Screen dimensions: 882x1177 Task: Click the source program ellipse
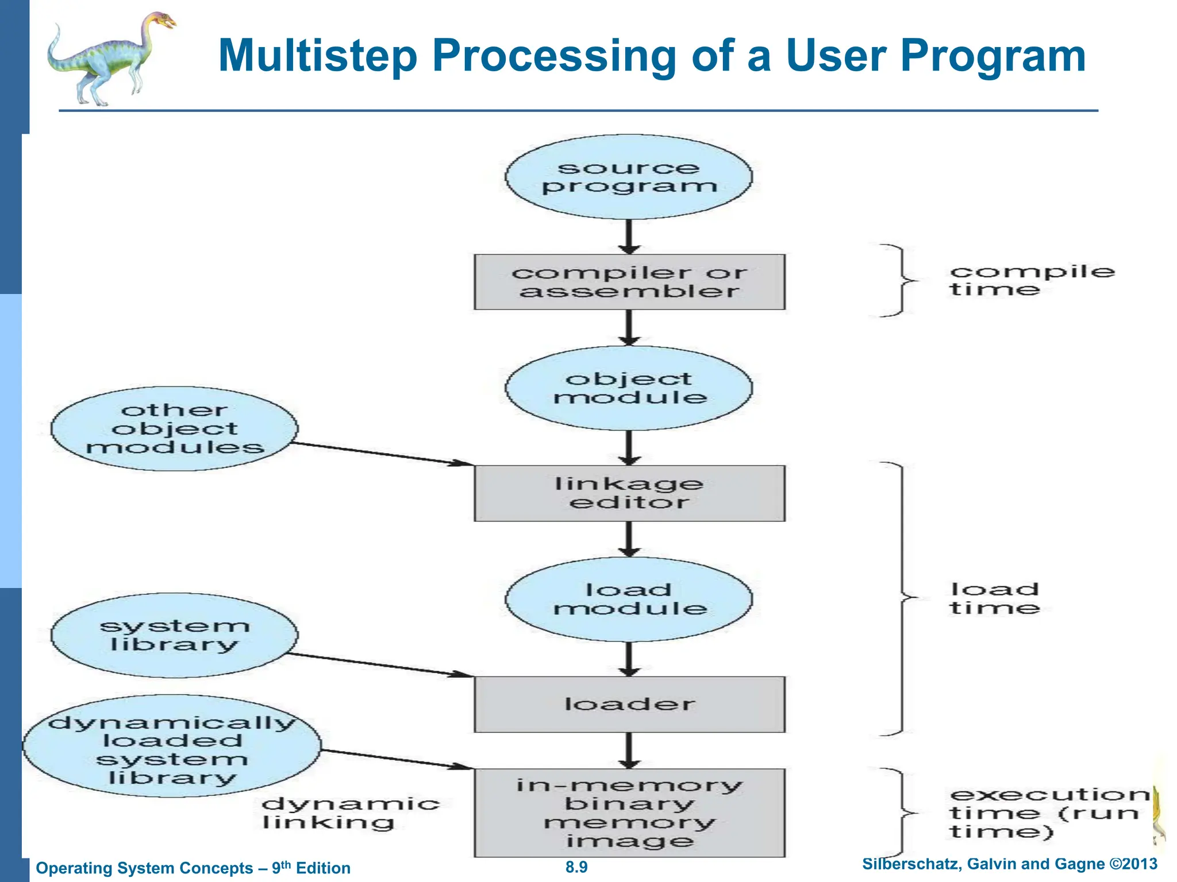629,177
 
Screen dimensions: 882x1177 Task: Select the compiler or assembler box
629,282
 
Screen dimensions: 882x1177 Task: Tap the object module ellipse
629,388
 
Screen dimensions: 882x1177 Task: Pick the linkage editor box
629,493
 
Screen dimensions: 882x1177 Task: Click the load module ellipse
629,599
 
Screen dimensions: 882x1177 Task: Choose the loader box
629,704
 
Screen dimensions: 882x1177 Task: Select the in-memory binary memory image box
629,813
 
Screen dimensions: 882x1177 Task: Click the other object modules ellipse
174,429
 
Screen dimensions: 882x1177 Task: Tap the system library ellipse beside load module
174,635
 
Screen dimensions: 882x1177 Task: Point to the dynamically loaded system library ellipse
171,746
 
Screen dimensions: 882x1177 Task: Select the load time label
994,598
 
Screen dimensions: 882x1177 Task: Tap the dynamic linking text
350,813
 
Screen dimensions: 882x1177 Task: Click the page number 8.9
576,867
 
